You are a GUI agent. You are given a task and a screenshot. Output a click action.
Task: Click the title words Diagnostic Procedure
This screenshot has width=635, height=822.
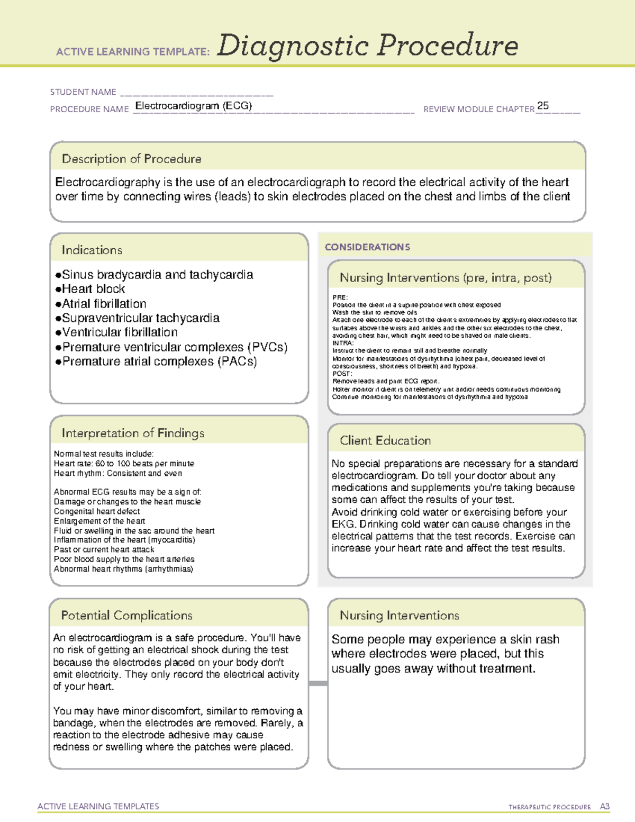pos(367,46)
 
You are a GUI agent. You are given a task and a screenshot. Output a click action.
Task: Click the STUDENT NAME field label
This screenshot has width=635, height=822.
pos(83,92)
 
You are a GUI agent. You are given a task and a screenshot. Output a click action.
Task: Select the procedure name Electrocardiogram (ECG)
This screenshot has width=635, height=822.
pos(194,106)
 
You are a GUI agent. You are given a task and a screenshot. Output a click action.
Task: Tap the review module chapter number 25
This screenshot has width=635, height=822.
pos(542,106)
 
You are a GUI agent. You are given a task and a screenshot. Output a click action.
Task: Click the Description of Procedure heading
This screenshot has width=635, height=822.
pos(131,159)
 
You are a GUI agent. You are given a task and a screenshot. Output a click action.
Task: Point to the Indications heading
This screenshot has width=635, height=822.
pos(92,250)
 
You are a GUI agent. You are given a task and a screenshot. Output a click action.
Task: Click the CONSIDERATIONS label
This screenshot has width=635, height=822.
pos(367,247)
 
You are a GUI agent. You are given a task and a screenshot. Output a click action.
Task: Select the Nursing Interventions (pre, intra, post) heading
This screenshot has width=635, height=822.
pos(446,278)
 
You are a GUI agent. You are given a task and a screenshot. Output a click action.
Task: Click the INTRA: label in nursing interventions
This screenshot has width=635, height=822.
pos(343,343)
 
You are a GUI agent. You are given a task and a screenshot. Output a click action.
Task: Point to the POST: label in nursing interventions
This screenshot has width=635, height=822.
pos(342,374)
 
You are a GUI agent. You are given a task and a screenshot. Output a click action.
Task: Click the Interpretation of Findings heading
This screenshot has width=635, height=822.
pos(133,433)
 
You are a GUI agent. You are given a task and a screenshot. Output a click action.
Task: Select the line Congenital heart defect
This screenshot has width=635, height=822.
pos(97,511)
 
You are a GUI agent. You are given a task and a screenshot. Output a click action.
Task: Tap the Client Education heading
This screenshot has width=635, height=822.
pos(385,440)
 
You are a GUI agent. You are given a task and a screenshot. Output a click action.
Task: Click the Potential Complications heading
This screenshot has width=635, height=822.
pos(126,616)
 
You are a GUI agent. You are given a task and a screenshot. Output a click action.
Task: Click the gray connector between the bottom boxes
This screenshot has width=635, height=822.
pos(318,683)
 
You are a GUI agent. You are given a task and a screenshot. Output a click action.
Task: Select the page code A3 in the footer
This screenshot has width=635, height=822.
pos(604,807)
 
